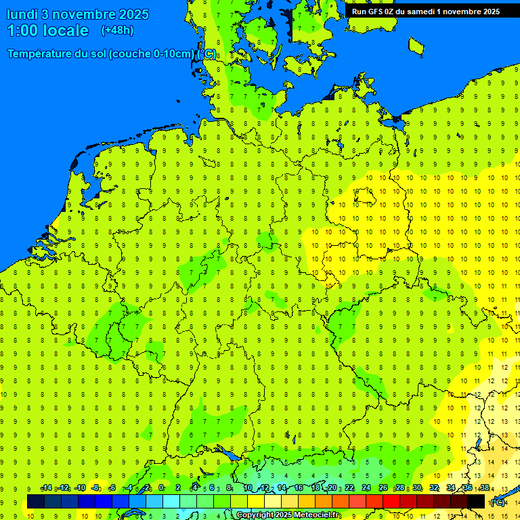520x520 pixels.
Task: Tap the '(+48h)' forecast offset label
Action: tap(117, 30)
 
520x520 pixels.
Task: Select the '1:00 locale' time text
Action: tap(47, 30)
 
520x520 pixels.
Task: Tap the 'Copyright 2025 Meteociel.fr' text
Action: tap(288, 515)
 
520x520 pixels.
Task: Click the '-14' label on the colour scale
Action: tap(46, 488)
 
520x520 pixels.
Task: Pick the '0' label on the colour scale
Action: tap(161, 488)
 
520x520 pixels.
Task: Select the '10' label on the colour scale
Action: tap(247, 488)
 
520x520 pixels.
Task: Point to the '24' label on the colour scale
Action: tap(366, 488)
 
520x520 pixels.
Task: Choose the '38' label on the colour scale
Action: tap(484, 488)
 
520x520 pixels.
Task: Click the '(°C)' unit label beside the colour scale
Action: tap(497, 502)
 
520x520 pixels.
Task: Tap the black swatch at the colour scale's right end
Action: tap(476, 502)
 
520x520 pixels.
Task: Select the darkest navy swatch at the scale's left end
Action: tap(36, 502)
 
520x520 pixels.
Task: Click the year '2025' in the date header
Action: tap(133, 14)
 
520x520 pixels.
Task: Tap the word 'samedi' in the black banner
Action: tap(422, 12)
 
